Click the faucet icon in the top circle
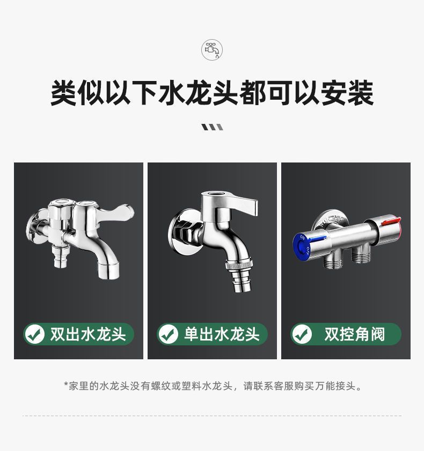tap(211, 50)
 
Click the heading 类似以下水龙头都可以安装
tap(212, 93)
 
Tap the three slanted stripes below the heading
tap(212, 127)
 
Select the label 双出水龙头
tap(87, 335)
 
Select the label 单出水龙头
tap(221, 335)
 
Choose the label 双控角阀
tap(354, 335)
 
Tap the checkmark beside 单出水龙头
tap(169, 335)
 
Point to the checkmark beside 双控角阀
tap(302, 335)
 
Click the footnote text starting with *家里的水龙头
tap(212, 386)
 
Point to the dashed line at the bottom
tap(212, 416)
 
